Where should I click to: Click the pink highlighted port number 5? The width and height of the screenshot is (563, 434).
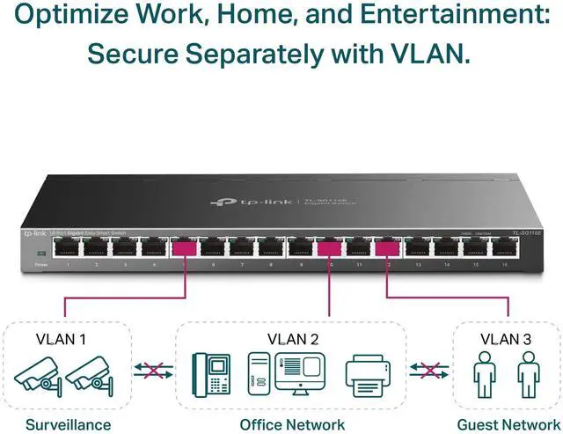pyautogui.click(x=184, y=249)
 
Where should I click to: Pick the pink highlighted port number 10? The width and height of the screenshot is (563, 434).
pyautogui.click(x=329, y=249)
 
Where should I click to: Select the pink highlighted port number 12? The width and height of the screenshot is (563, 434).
pyautogui.click(x=387, y=249)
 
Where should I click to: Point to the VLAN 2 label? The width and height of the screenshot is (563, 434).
pyautogui.click(x=292, y=338)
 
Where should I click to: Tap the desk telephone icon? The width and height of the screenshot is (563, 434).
pyautogui.click(x=211, y=374)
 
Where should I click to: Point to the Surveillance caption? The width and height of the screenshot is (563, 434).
pyautogui.click(x=68, y=424)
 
